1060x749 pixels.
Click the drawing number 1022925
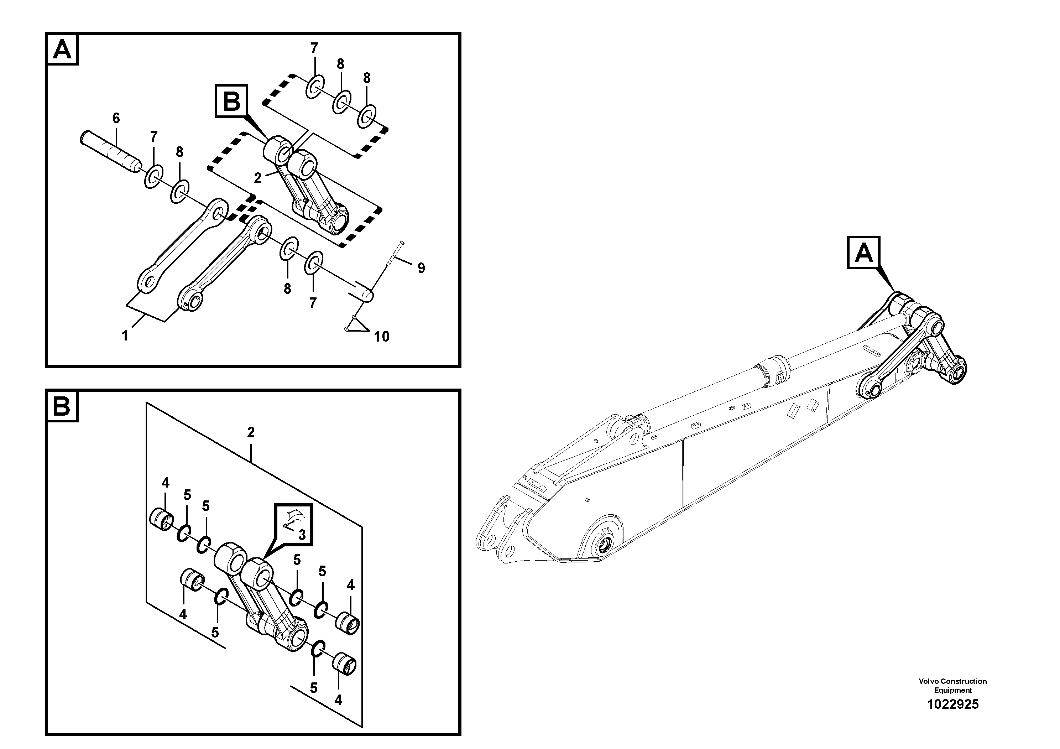point(952,704)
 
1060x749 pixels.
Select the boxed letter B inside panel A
point(231,101)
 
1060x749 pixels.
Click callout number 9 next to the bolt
point(421,268)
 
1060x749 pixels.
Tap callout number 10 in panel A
point(382,337)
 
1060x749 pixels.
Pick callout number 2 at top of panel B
point(251,433)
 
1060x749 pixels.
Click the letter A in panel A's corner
point(62,50)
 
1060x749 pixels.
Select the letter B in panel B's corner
point(62,407)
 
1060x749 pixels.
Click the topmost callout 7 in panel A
point(314,48)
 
